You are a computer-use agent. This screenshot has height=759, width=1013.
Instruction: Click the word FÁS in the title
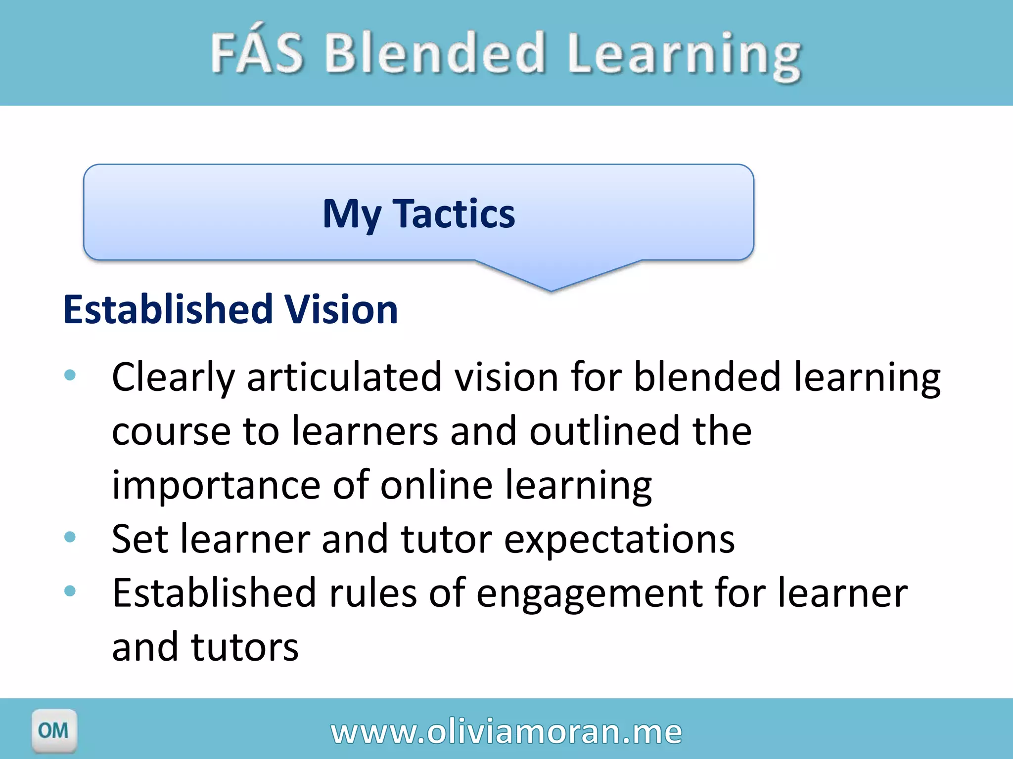[257, 52]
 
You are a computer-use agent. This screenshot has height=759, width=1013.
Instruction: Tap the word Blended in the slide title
[434, 52]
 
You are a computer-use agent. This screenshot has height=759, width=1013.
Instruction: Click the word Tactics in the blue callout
[454, 213]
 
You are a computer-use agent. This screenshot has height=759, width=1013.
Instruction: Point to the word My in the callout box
[352, 214]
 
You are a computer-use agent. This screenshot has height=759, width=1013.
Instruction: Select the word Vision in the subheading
[341, 309]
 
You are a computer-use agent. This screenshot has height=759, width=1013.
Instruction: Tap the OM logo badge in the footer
[54, 730]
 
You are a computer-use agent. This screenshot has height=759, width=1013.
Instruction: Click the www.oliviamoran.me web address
[506, 732]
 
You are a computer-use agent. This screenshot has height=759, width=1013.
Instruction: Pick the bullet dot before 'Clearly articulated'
[70, 375]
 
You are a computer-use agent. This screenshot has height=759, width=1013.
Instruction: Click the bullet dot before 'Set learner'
[70, 537]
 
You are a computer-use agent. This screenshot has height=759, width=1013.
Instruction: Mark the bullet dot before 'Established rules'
[70, 590]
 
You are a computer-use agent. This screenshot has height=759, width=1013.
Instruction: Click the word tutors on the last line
[245, 647]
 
